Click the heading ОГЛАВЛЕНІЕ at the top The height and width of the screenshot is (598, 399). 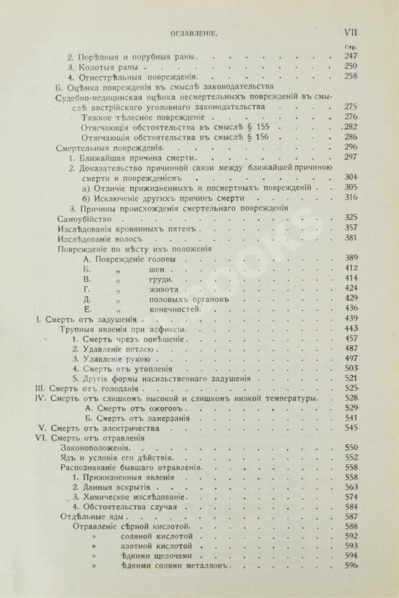(198, 32)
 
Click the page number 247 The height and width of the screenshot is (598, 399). (352, 55)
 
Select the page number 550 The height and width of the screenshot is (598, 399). (352, 447)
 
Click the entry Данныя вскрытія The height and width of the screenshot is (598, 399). (117, 487)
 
